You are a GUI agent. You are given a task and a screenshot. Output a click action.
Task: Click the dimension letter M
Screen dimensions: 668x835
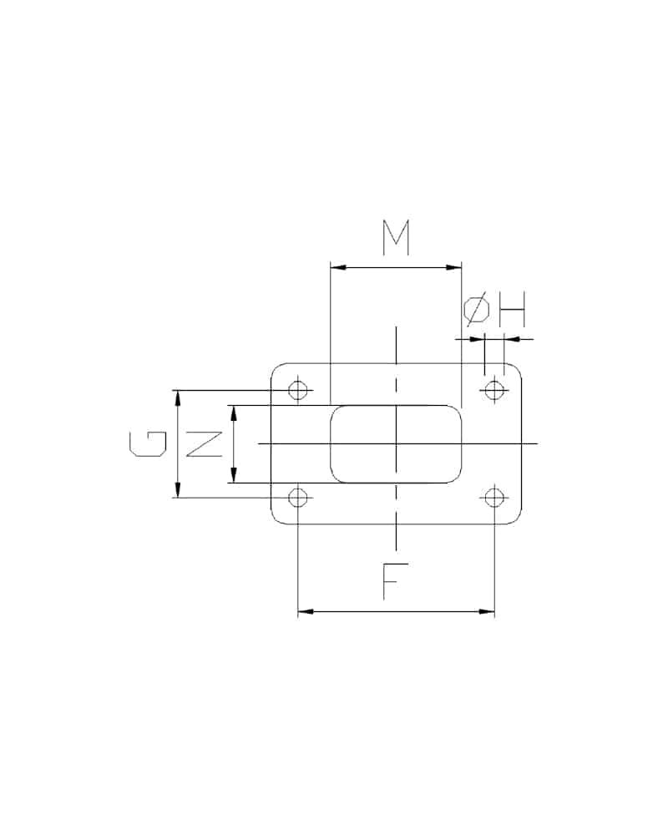pos(396,237)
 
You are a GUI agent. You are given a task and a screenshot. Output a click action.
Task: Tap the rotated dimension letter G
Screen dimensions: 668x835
pos(148,444)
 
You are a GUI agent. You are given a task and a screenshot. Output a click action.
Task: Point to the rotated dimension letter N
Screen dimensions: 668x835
pos(204,444)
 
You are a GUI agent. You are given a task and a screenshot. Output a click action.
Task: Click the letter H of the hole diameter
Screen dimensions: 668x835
pos(512,309)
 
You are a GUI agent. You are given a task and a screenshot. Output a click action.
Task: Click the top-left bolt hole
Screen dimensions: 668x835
pos(298,390)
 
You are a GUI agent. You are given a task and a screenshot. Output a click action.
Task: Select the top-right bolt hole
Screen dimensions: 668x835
pos(494,390)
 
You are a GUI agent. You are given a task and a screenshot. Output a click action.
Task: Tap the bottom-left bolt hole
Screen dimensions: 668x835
pos(298,498)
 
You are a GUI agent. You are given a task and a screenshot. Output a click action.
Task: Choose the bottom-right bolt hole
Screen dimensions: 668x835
pos(494,498)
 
